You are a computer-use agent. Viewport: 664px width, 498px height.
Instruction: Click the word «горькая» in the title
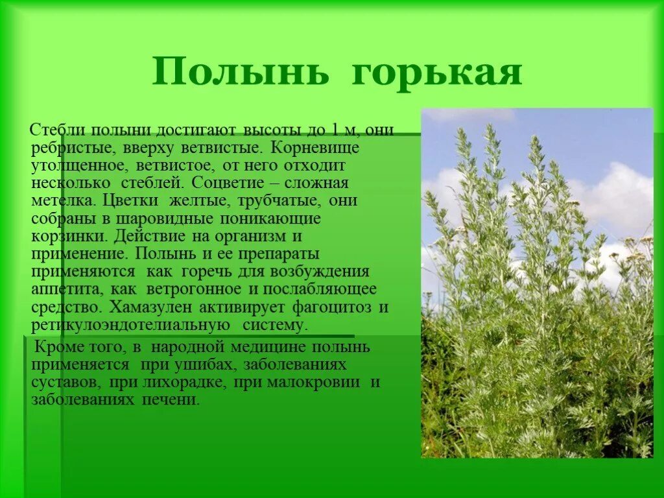[436, 73]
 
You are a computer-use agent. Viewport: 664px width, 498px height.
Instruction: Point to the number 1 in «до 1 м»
[335, 130]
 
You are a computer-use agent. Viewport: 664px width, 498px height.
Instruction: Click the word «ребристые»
[71, 147]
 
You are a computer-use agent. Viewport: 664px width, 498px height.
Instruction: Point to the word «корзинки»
[65, 235]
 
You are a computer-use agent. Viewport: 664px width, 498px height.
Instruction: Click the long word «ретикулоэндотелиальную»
[130, 324]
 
